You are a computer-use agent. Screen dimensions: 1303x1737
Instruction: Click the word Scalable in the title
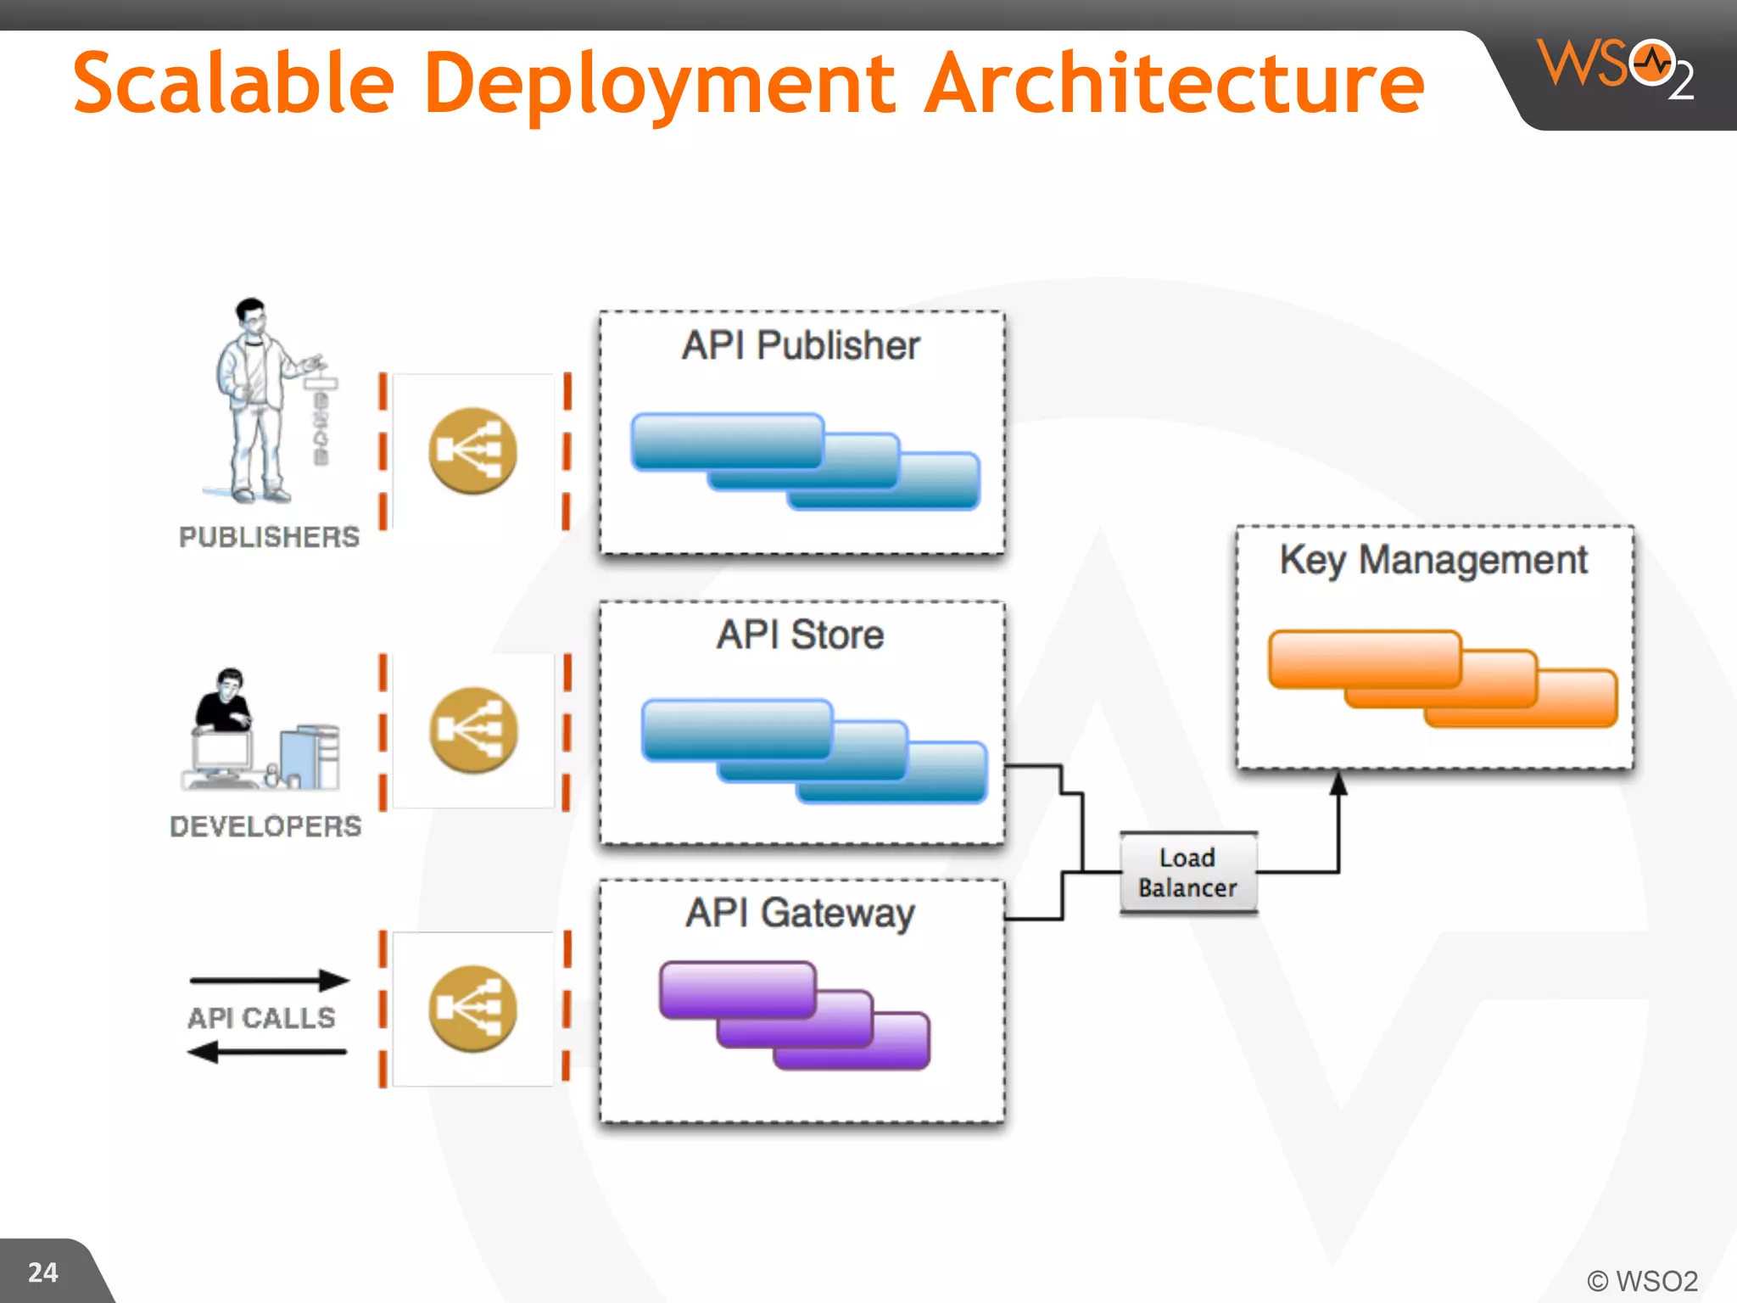(x=234, y=83)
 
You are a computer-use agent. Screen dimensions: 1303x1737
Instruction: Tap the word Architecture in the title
(x=1175, y=83)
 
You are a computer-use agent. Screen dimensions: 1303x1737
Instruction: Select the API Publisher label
(x=801, y=345)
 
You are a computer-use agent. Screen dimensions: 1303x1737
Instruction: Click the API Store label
(x=801, y=635)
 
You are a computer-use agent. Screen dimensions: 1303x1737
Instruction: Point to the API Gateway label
(x=801, y=914)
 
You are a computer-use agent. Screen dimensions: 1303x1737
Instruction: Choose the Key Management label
(x=1433, y=560)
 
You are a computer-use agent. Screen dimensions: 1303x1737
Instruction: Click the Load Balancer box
(x=1187, y=873)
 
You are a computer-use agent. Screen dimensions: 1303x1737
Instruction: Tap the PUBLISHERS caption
(x=269, y=537)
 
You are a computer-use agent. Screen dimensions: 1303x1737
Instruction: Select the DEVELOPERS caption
(x=265, y=826)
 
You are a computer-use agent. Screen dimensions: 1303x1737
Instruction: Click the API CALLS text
(x=261, y=1017)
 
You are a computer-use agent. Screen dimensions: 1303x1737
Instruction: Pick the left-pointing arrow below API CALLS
(x=266, y=1053)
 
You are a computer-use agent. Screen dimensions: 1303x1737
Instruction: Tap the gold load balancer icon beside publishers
(x=472, y=450)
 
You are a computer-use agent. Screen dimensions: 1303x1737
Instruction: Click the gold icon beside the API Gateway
(x=472, y=1009)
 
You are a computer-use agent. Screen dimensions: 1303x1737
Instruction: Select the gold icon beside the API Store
(x=472, y=730)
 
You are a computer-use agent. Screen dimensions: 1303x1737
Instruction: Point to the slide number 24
(x=43, y=1272)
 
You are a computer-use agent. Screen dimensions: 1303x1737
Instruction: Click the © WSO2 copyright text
(x=1642, y=1280)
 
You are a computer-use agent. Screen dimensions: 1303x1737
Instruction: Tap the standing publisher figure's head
(x=251, y=314)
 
